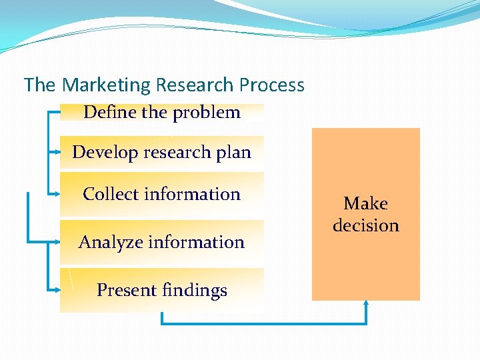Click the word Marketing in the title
[106, 85]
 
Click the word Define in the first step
[110, 112]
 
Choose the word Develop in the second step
[103, 152]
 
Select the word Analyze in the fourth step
[109, 242]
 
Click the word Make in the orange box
[365, 203]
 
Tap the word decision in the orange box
[366, 225]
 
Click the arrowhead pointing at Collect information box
[57, 194]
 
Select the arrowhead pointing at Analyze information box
[57, 241]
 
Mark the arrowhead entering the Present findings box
[57, 290]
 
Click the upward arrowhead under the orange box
[366, 305]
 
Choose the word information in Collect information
[194, 194]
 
